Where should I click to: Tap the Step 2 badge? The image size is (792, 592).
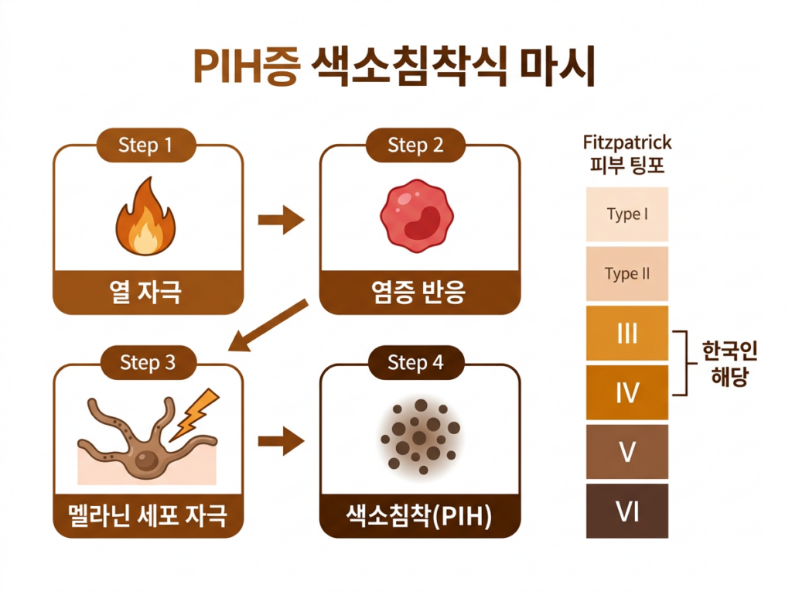415,145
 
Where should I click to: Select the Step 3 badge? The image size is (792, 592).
147,363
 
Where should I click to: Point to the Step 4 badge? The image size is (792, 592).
415,363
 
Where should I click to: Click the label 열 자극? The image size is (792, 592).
146,293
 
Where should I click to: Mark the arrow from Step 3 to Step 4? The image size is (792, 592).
281,443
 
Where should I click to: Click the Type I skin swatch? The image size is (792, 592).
626,214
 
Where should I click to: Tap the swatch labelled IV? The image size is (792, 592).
626,393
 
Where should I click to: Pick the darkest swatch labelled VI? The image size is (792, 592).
626,511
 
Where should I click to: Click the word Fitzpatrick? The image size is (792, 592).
626,143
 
